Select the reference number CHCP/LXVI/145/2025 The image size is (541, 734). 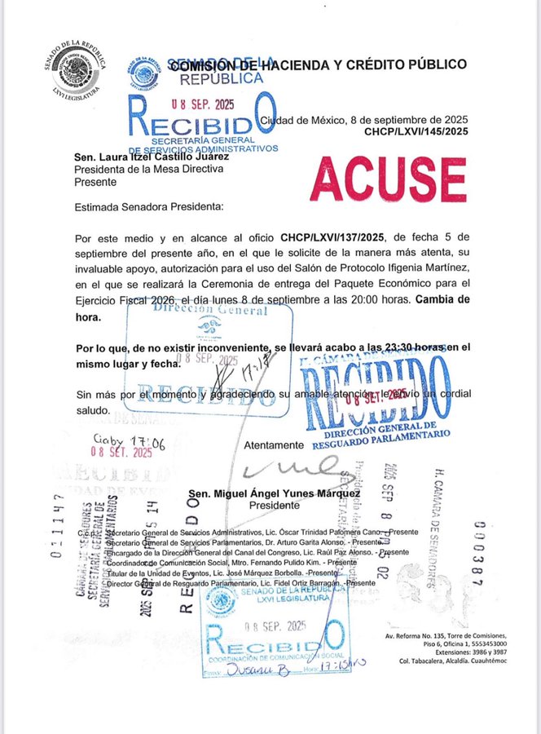coord(416,131)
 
